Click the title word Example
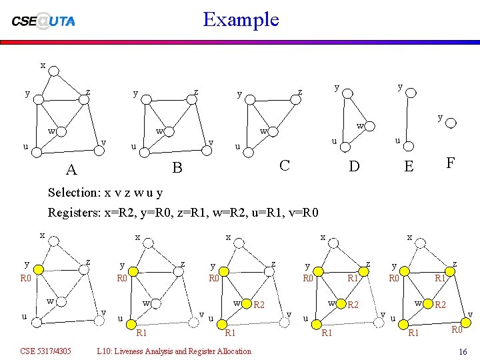pos(241,19)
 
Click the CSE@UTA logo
pos(43,20)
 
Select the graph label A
pos(71,171)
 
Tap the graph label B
pos(177,167)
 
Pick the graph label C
pos(285,164)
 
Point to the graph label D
pos(354,165)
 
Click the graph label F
pos(451,162)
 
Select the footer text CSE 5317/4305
pos(46,351)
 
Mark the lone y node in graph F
pos(451,123)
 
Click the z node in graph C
pos(289,97)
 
